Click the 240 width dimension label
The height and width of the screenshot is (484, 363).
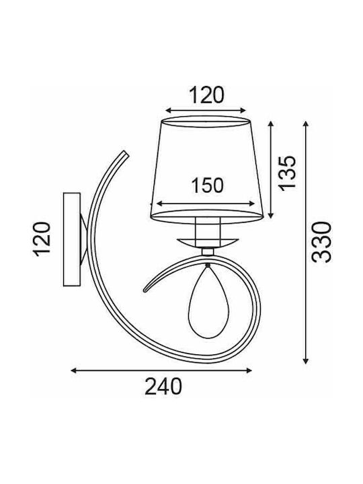click(163, 386)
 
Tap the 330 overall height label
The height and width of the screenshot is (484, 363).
click(321, 242)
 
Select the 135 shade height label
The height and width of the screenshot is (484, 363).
click(287, 173)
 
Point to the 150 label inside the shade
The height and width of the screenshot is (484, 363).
click(207, 186)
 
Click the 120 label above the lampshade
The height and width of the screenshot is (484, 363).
click(206, 95)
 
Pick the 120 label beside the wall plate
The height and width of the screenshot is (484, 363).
click(41, 239)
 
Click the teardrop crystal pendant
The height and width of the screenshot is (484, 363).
click(206, 301)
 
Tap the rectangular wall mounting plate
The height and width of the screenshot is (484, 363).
click(72, 239)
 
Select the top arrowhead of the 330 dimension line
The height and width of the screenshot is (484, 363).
click(305, 124)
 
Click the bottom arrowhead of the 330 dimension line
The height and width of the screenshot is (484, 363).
click(305, 360)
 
